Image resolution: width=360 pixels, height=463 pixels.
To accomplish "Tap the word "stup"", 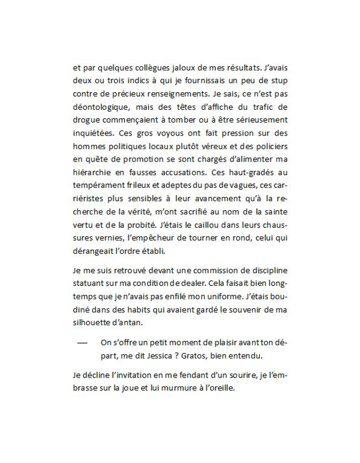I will point(278,81).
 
